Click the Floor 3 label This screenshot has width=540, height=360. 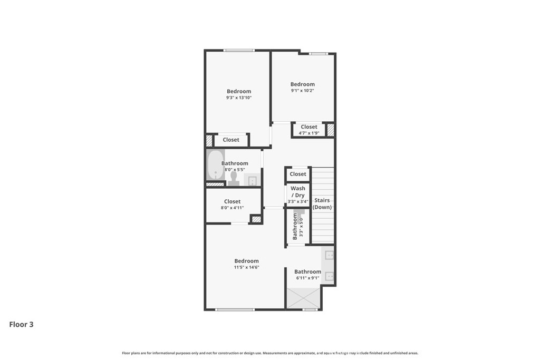pyautogui.click(x=21, y=325)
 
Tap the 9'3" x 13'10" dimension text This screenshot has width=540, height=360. pyautogui.click(x=239, y=98)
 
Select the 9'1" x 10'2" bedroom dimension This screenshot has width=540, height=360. pyautogui.click(x=302, y=91)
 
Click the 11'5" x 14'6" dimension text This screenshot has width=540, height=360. pyautogui.click(x=247, y=267)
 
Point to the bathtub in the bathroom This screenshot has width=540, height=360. pyautogui.click(x=216, y=164)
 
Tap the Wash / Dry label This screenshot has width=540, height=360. pyautogui.click(x=298, y=192)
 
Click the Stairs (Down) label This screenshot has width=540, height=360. pyautogui.click(x=322, y=204)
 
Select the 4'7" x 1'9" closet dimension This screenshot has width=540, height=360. pyautogui.click(x=309, y=133)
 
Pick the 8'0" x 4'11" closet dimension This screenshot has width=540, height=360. pyautogui.click(x=232, y=208)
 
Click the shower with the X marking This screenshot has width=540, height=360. pyautogui.click(x=303, y=298)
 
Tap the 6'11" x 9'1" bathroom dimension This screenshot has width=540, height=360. pyautogui.click(x=307, y=278)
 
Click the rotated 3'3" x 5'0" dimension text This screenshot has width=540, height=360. pyautogui.click(x=301, y=227)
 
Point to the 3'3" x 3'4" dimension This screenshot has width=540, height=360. pyautogui.click(x=298, y=202)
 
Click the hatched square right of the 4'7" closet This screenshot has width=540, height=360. pyautogui.click(x=331, y=130)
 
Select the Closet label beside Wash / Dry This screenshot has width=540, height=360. pyautogui.click(x=298, y=174)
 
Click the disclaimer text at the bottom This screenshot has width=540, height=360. pyautogui.click(x=270, y=353)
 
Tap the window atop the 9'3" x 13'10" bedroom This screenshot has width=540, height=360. pyautogui.click(x=239, y=51)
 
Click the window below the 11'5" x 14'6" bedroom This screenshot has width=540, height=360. pyautogui.click(x=235, y=309)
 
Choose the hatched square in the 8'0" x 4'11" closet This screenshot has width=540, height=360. pyautogui.click(x=256, y=219)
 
